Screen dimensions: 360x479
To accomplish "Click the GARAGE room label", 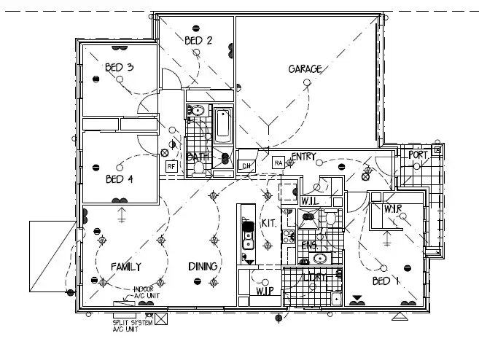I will [305, 69].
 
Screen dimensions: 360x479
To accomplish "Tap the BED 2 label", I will [198, 41].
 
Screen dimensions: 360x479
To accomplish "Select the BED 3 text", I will [119, 68].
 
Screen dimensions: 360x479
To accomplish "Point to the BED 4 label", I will [120, 179].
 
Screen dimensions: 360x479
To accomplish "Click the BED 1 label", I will [386, 281].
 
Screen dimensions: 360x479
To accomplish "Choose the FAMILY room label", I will [125, 267].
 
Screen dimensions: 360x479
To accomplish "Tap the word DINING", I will [203, 267].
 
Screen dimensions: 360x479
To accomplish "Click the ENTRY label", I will [303, 157].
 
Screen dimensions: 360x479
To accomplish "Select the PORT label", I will [418, 155].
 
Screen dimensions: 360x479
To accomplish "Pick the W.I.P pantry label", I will [264, 292].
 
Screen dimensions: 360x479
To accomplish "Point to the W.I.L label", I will [311, 200].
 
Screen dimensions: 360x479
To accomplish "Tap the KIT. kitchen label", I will [268, 223].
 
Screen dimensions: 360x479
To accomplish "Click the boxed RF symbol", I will [171, 166].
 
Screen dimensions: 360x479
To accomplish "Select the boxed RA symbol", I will [279, 163].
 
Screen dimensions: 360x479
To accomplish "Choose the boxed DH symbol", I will [246, 165].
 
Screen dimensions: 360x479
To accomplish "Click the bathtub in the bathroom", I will [222, 126].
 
